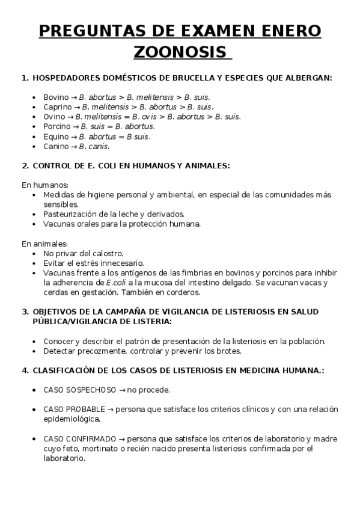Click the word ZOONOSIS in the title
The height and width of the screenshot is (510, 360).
coord(180,52)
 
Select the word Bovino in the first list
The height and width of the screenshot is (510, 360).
coord(56,97)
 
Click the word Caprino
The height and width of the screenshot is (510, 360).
coord(57,106)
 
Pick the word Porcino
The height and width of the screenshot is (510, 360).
coord(56,126)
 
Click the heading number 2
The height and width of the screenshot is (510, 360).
coord(25,165)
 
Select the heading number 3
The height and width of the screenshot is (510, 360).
coord(25,312)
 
